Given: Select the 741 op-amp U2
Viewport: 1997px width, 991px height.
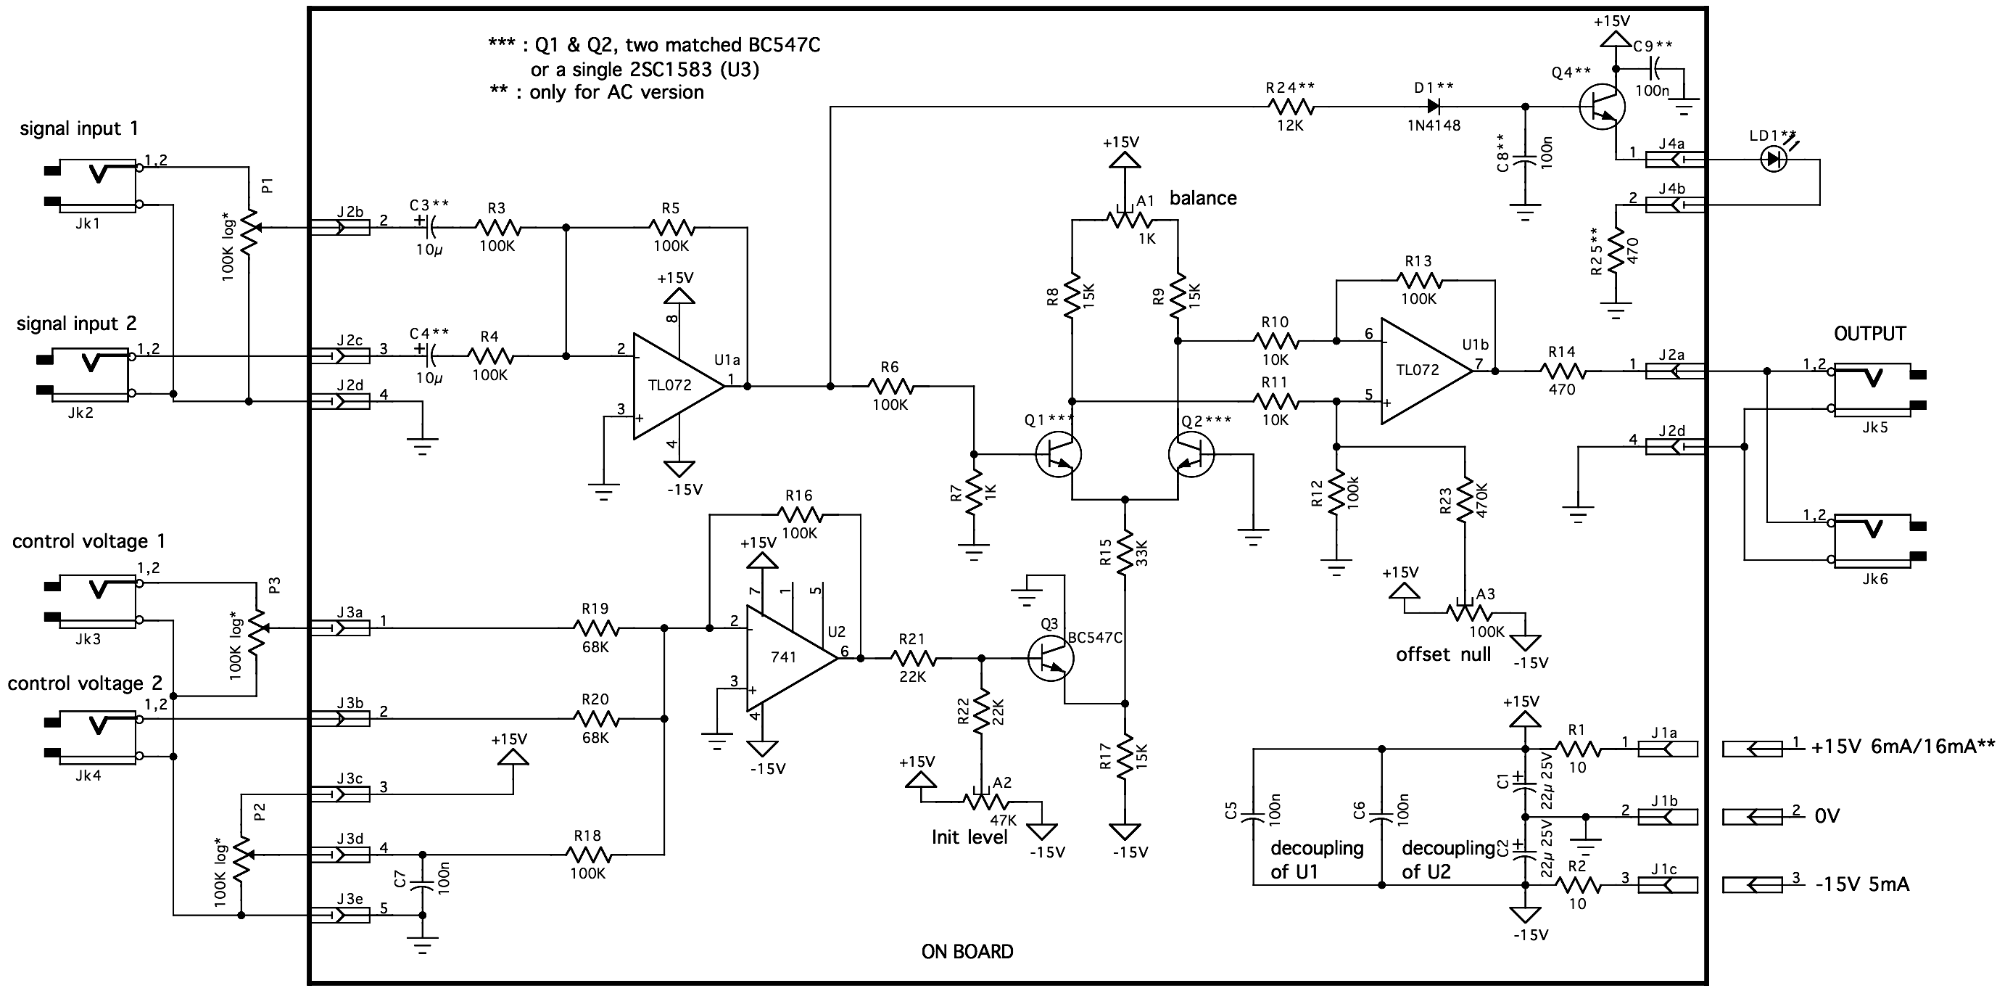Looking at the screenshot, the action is coord(790,658).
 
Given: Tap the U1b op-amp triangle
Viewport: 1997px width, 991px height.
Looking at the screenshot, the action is coord(1425,371).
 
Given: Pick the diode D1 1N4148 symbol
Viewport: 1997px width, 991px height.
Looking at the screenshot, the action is coord(1434,106).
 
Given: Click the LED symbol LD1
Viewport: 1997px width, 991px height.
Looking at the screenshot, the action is coord(1774,160).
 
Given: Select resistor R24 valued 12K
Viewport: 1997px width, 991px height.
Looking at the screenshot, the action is coord(1290,106).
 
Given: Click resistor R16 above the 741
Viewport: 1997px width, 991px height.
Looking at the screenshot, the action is coord(800,514).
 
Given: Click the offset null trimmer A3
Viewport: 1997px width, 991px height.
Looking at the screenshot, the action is coord(1465,610).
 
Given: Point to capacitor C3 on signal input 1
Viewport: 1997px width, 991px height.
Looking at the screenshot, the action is coord(429,227).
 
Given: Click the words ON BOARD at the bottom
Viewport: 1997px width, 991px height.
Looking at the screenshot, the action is coord(967,951).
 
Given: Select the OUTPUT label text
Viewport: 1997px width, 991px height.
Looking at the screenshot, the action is coord(1869,334).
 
